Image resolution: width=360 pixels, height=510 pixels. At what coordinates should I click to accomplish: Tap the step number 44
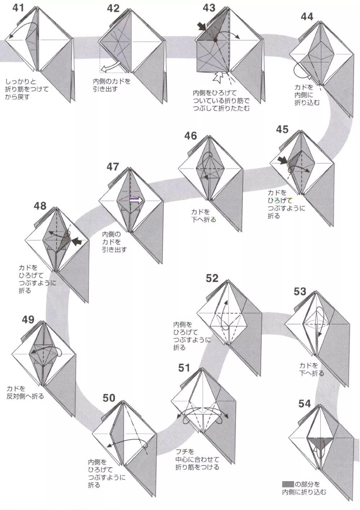coord(307,17)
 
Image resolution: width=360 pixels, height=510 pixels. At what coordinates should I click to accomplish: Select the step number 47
coord(112,167)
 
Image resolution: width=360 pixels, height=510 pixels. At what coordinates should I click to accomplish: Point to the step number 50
coord(109,398)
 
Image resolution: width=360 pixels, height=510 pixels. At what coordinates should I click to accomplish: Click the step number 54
coord(304,404)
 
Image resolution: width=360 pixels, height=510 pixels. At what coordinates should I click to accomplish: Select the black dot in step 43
coord(215,40)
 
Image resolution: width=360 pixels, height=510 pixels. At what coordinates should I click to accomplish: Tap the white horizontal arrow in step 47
coord(136,200)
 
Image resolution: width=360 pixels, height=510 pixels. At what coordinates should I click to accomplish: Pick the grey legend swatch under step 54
coord(288,484)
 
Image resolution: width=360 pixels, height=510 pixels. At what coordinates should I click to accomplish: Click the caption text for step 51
coord(197,459)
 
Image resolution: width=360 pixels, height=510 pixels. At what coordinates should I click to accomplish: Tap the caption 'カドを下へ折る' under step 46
coord(203,215)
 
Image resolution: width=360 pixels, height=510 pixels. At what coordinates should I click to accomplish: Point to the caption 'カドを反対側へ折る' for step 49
coord(25,392)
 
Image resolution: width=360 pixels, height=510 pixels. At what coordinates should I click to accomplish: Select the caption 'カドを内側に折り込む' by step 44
coord(307,95)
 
